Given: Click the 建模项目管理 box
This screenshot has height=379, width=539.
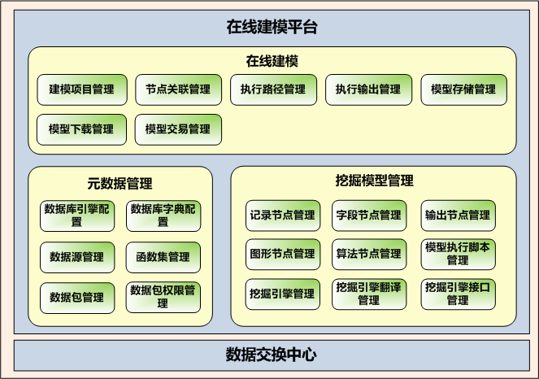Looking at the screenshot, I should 81,89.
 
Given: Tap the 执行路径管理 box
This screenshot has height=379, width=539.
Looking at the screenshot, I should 273,89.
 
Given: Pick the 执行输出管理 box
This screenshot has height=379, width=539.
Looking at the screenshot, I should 368,89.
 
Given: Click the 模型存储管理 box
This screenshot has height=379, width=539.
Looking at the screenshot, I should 463,89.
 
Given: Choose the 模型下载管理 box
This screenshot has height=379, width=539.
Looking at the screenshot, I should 81,129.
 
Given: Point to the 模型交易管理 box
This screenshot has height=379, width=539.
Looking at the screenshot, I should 177,129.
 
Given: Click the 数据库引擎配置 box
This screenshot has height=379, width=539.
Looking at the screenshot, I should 76,216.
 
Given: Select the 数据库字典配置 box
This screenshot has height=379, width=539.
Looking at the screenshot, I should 163,216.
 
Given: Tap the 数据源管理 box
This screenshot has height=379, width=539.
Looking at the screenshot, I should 76,257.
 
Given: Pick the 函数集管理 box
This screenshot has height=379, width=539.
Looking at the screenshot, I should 163,257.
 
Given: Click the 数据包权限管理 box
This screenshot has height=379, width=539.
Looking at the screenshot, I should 163,297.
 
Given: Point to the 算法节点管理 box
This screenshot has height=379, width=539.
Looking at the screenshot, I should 368,254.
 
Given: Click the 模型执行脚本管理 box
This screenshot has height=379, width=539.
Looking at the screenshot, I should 457,254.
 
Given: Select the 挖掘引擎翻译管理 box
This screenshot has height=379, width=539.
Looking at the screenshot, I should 368,294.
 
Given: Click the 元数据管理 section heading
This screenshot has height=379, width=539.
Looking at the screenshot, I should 120,183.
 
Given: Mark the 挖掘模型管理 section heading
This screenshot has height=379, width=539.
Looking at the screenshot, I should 373,181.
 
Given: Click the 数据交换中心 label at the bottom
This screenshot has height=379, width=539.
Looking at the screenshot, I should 271,355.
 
